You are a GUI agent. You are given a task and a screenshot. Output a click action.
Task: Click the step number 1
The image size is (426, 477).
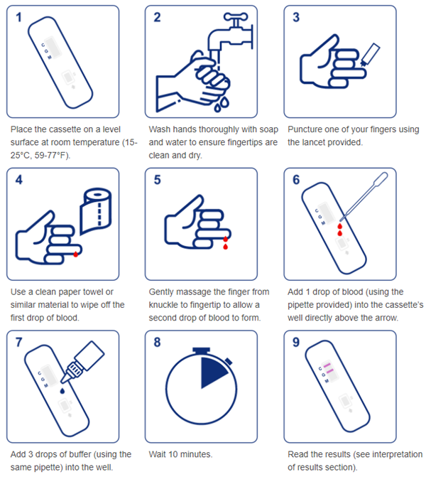[x=19, y=17]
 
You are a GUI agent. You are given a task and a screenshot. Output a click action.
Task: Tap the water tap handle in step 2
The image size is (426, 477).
[x=236, y=16]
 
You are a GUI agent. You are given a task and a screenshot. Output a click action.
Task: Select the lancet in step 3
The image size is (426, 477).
[x=370, y=55]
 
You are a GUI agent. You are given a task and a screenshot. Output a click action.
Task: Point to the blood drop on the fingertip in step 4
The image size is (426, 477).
[x=76, y=254]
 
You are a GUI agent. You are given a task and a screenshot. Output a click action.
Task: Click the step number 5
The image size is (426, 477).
[x=157, y=180]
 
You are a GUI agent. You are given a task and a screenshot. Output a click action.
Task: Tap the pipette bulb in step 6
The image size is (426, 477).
[x=381, y=178]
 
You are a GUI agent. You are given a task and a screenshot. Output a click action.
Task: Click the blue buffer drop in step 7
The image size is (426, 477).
[x=62, y=391]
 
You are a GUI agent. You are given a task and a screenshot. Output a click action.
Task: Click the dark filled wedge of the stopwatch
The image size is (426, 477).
[x=212, y=372]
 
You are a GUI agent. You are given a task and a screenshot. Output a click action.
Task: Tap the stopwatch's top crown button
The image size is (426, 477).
[x=201, y=351]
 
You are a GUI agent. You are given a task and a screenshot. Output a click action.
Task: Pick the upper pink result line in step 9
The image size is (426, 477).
[x=327, y=365]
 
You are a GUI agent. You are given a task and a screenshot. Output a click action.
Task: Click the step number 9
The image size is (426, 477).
[x=296, y=342]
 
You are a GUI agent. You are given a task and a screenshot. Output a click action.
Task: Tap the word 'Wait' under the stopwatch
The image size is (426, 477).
[x=157, y=454]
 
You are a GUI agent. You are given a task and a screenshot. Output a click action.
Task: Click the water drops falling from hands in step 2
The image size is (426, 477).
[x=222, y=104]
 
